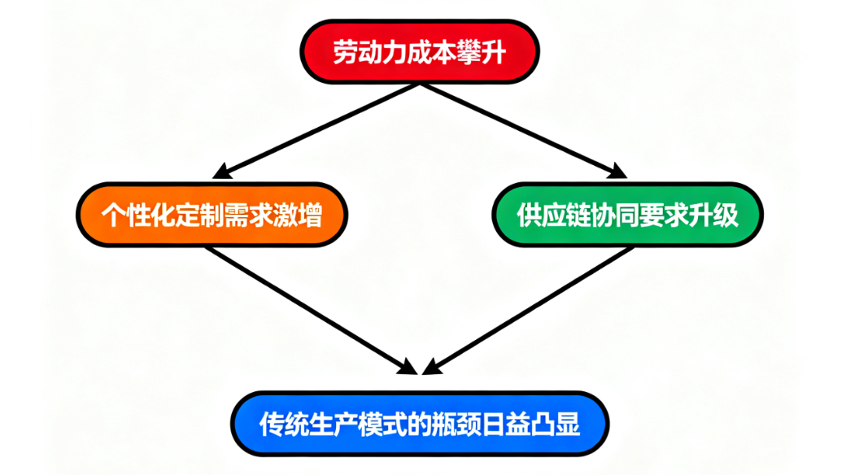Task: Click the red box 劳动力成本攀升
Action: [419, 51]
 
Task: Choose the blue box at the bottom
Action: [420, 423]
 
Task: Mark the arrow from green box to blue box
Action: [529, 309]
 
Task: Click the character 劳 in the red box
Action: [346, 52]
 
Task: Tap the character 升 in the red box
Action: [494, 52]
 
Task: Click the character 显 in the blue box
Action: [568, 424]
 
